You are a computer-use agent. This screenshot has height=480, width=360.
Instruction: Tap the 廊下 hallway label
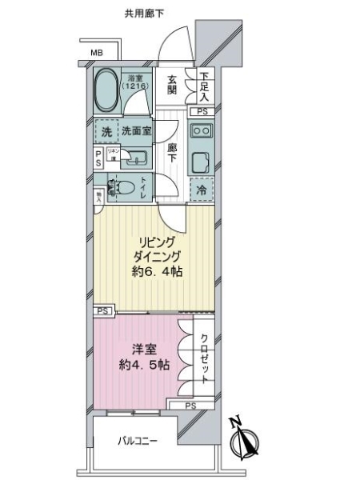(x=173, y=153)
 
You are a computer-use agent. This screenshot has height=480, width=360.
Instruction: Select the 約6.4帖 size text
(x=156, y=272)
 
